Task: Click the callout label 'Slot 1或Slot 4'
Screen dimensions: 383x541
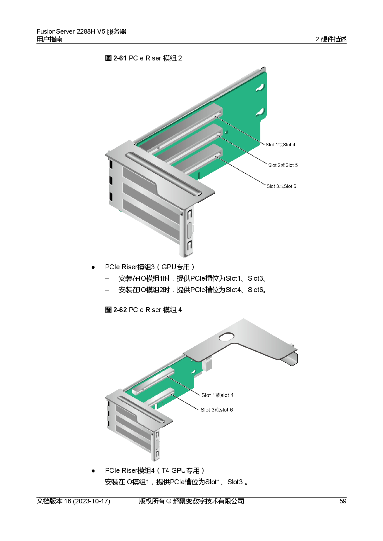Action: click(x=280, y=145)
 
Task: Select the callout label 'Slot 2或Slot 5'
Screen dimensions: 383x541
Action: click(x=283, y=165)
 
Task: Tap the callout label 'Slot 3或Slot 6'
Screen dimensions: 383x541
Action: click(x=281, y=186)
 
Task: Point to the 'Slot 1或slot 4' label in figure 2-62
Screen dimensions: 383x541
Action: click(x=217, y=395)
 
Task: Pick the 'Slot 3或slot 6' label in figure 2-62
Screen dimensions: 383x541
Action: click(x=217, y=410)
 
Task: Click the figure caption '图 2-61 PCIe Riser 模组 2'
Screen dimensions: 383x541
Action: click(x=143, y=58)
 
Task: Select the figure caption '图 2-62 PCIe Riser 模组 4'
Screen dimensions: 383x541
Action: click(x=143, y=310)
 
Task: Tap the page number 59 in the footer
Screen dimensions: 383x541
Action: click(x=343, y=501)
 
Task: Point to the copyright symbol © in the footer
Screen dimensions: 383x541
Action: click(x=169, y=501)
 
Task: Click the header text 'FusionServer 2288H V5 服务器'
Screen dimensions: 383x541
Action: click(x=82, y=31)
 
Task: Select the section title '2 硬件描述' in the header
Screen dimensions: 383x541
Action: click(x=331, y=39)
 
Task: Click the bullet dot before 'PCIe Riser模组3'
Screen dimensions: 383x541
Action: click(x=93, y=267)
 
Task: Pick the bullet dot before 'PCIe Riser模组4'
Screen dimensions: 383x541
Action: click(x=93, y=471)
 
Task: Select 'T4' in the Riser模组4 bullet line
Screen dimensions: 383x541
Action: click(x=165, y=471)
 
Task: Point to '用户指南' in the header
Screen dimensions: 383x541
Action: click(x=49, y=39)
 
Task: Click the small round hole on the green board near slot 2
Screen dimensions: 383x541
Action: click(x=226, y=132)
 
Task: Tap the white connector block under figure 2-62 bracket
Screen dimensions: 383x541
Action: click(x=207, y=365)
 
